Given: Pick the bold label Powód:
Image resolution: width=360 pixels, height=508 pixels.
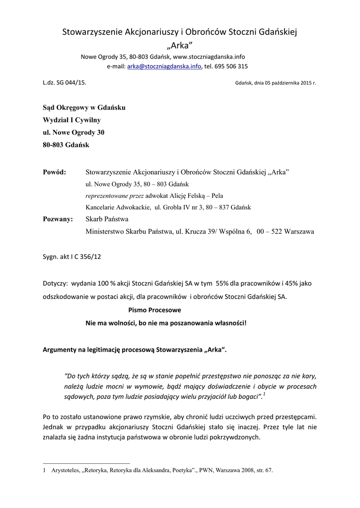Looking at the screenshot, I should (x=55, y=172).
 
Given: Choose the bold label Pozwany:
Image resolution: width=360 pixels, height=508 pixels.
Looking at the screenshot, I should (x=58, y=219).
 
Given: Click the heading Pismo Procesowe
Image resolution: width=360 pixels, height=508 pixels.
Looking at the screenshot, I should (x=155, y=310).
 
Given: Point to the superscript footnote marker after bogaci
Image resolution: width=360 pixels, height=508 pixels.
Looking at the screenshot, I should (x=264, y=394).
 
